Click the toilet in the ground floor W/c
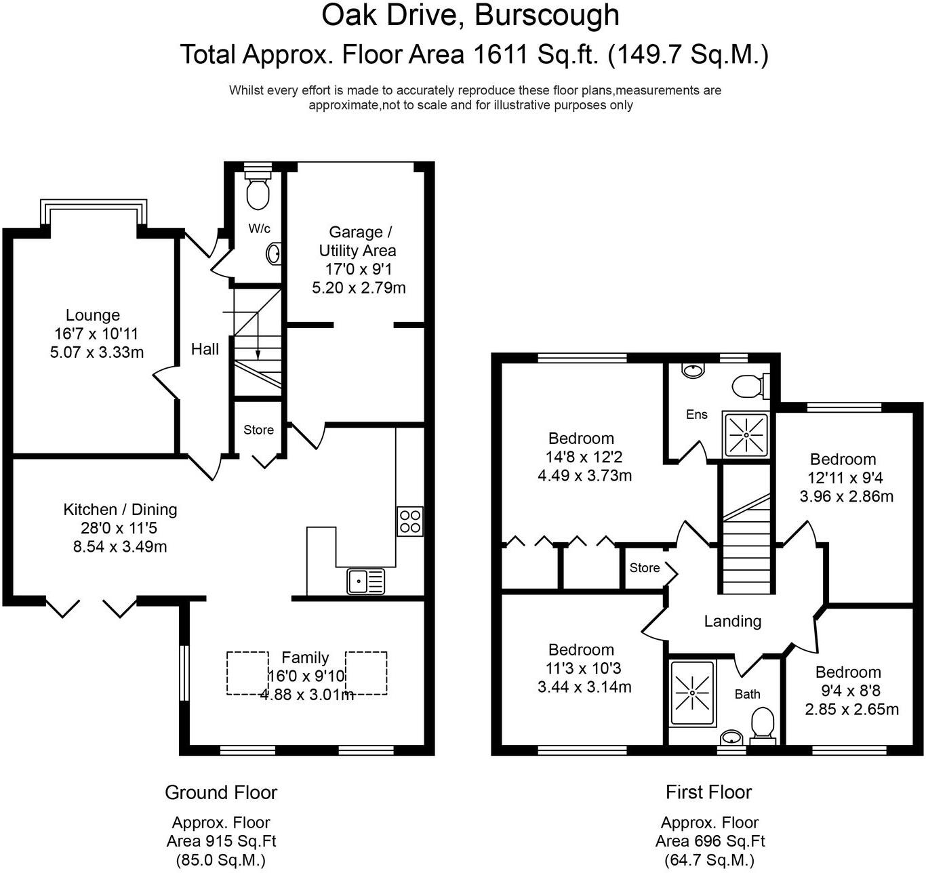click(x=258, y=192)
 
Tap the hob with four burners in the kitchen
click(x=409, y=521)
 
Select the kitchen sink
click(x=365, y=581)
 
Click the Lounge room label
click(x=93, y=315)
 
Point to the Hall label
click(x=205, y=349)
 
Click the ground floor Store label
click(x=258, y=430)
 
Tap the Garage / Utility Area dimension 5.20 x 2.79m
click(x=359, y=287)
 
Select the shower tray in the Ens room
click(x=746, y=434)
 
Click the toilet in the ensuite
click(x=748, y=386)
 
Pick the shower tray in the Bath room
click(x=692, y=693)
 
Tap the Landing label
click(x=732, y=621)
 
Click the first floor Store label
click(x=644, y=567)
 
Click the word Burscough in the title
click(x=546, y=15)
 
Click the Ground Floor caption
click(x=221, y=792)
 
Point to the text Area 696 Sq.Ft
click(x=710, y=841)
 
